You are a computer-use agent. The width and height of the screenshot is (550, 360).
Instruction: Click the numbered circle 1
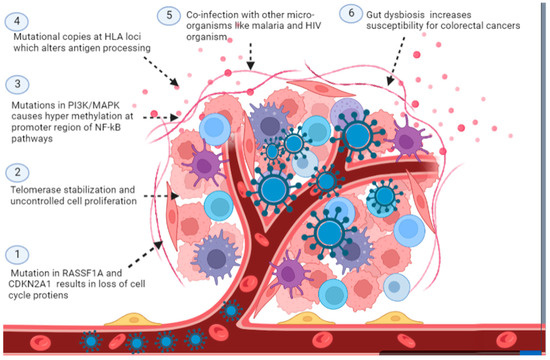15,257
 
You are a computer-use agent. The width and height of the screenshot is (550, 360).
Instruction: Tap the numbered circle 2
15,175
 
